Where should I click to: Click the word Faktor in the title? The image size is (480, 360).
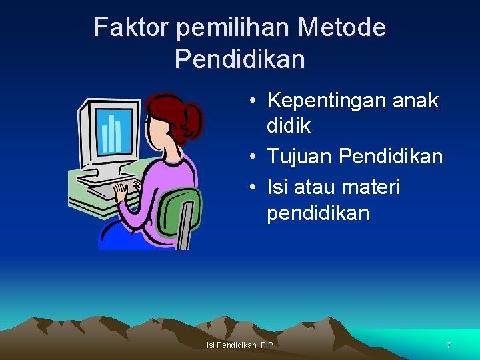pos(131,28)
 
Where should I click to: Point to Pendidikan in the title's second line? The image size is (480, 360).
pos(240,59)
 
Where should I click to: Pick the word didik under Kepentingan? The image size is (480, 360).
pos(289,125)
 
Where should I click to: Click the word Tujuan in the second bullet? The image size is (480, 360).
pos(300,157)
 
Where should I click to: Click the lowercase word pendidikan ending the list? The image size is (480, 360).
pos(318,213)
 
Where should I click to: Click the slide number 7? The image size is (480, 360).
pos(449,345)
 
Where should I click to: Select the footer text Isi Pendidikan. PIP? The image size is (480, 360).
pos(240,345)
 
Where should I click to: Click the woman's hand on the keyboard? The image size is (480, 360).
pos(121,193)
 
